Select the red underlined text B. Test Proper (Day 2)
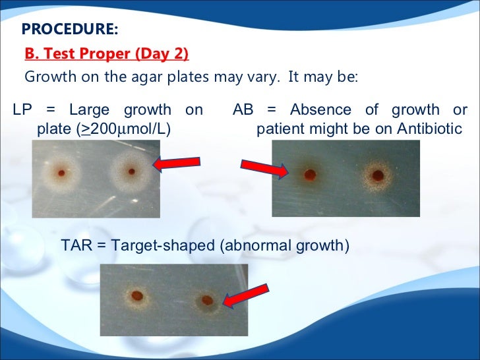[107, 53]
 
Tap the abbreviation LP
[24, 109]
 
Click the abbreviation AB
[243, 109]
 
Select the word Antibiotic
[429, 129]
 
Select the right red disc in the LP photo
[132, 171]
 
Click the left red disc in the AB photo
[310, 175]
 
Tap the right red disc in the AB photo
[378, 176]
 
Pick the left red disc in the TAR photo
[137, 295]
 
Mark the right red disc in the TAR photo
[207, 301]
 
